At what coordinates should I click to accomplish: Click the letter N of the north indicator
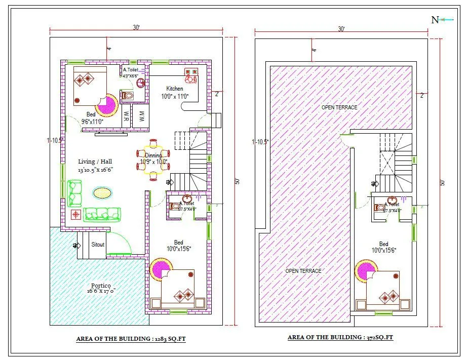pyautogui.click(x=435, y=20)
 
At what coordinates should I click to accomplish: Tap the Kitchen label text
pyautogui.click(x=175, y=89)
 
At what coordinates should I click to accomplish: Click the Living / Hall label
pyautogui.click(x=95, y=162)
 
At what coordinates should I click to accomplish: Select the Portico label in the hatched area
pyautogui.click(x=99, y=286)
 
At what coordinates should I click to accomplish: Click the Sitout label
pyautogui.click(x=98, y=245)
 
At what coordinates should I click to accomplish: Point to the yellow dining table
pyautogui.click(x=153, y=159)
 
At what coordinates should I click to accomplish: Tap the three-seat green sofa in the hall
pyautogui.click(x=103, y=214)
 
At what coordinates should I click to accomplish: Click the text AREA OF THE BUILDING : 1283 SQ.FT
pyautogui.click(x=131, y=339)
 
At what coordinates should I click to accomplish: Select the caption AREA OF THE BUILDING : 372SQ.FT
pyautogui.click(x=340, y=337)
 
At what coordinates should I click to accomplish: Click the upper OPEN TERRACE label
pyautogui.click(x=339, y=107)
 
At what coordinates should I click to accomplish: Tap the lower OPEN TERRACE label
pyautogui.click(x=303, y=271)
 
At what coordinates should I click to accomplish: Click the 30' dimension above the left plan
pyautogui.click(x=136, y=28)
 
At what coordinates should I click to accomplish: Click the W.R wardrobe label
pyautogui.click(x=126, y=116)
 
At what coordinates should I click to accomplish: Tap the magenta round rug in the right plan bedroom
pyautogui.click(x=366, y=271)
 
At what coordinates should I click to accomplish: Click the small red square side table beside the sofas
pyautogui.click(x=75, y=214)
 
